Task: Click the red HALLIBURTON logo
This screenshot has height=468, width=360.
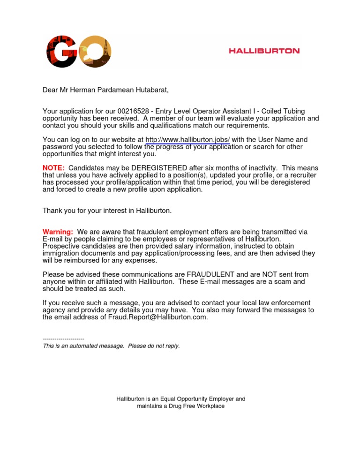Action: pyautogui.click(x=264, y=51)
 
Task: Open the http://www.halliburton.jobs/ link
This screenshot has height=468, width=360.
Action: pyautogui.click(x=187, y=140)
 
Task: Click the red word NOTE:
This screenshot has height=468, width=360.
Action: pyautogui.click(x=53, y=168)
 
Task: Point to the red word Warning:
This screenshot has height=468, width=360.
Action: pyautogui.click(x=58, y=232)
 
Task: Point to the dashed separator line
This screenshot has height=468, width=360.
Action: pyautogui.click(x=63, y=339)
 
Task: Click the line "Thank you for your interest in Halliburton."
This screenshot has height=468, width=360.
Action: pyautogui.click(x=107, y=211)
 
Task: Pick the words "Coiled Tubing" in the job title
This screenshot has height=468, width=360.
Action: pyautogui.click(x=283, y=111)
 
